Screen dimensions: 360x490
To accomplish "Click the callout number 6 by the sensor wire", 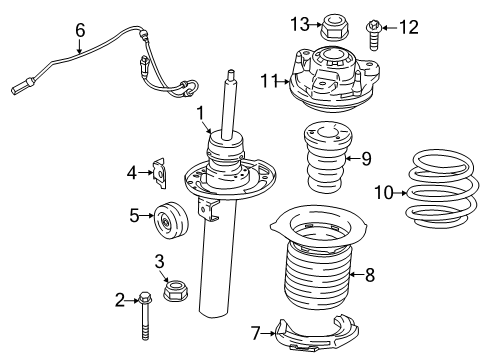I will (x=80, y=30).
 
